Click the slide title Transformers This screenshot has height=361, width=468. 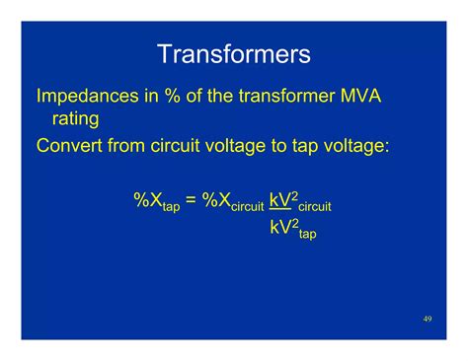pos(234,54)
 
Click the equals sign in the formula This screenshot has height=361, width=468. pos(192,201)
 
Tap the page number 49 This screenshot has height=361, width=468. pos(427,319)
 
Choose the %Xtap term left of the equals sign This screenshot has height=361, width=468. pos(157,202)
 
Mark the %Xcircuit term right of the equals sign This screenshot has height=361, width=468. pos(233,202)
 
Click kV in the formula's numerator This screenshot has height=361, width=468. pos(280,201)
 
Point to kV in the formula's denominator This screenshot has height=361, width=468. pos(280,229)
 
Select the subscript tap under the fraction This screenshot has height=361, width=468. pos(307,235)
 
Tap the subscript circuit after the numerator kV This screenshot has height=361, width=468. pos(315,207)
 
